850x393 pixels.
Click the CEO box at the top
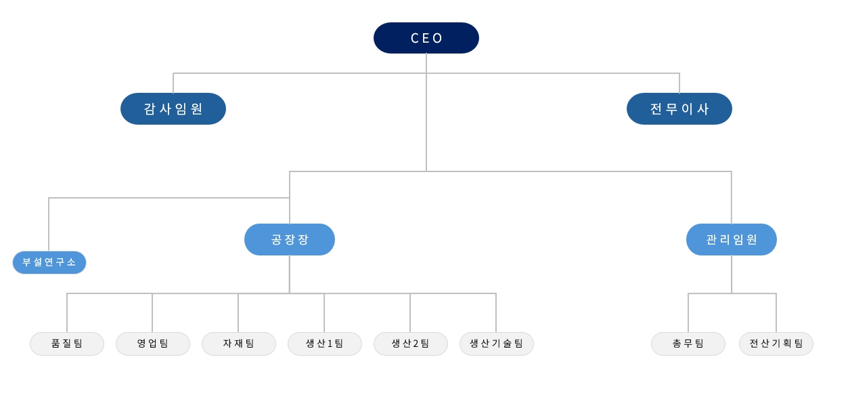click(426, 38)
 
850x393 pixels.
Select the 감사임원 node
click(173, 108)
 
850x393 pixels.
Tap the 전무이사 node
click(679, 108)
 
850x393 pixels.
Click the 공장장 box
click(290, 239)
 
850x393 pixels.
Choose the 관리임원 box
click(731, 239)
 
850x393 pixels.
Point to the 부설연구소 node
click(49, 262)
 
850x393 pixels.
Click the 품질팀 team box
click(67, 344)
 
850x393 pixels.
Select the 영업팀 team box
click(152, 344)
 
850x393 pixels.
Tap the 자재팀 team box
click(239, 344)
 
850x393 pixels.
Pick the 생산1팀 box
click(324, 344)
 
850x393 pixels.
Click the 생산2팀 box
click(411, 344)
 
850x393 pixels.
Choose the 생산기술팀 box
click(496, 344)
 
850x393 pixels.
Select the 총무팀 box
click(688, 344)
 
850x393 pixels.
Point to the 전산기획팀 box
click(776, 344)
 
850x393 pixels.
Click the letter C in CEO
click(415, 38)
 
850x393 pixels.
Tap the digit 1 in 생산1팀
click(330, 344)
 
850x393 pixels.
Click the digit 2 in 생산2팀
click(416, 344)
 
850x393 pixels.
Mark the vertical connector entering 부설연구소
click(49, 224)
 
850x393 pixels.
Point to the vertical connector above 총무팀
click(688, 313)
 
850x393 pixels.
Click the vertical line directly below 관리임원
click(731, 274)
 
